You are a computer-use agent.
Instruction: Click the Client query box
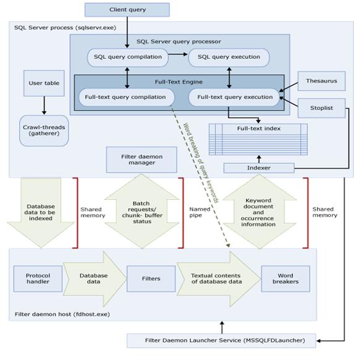[x=127, y=10]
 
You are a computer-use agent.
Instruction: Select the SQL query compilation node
[x=128, y=58]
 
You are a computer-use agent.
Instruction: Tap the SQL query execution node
[x=229, y=58]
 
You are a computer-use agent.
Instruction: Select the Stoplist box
[x=321, y=108]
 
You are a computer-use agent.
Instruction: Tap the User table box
[x=44, y=84]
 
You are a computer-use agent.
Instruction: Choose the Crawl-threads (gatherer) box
[x=44, y=131]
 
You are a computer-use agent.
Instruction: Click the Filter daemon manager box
[x=142, y=160]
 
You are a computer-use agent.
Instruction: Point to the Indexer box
[x=258, y=168]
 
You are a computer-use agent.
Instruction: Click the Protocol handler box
[x=38, y=279]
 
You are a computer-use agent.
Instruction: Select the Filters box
[x=151, y=279]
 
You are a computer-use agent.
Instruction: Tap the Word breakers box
[x=285, y=279]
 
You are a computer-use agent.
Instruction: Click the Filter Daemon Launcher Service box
[x=224, y=340]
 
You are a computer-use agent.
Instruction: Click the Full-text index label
[x=259, y=129]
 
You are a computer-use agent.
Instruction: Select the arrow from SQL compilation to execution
[x=179, y=57]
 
